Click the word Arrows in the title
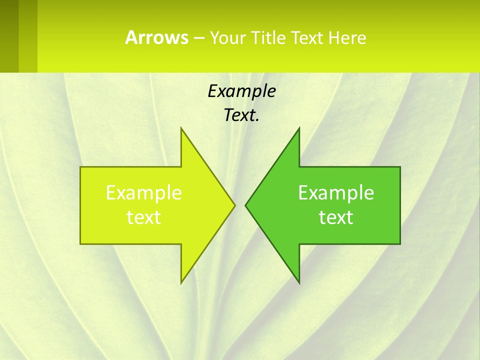click(156, 38)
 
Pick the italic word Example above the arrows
click(241, 91)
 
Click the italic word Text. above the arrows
click(241, 115)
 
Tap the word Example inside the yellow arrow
click(144, 193)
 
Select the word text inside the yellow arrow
click(144, 217)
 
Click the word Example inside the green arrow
click(336, 193)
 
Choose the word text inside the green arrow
click(336, 217)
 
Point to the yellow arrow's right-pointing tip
click(234, 205)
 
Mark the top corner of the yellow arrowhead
click(181, 129)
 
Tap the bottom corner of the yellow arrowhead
click(181, 282)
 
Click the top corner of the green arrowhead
click(298, 129)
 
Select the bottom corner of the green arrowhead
click(298, 282)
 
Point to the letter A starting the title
click(131, 38)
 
